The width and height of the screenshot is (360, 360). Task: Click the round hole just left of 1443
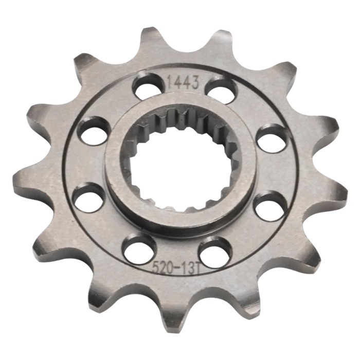[148, 86]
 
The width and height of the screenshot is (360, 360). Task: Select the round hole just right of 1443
[221, 91]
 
